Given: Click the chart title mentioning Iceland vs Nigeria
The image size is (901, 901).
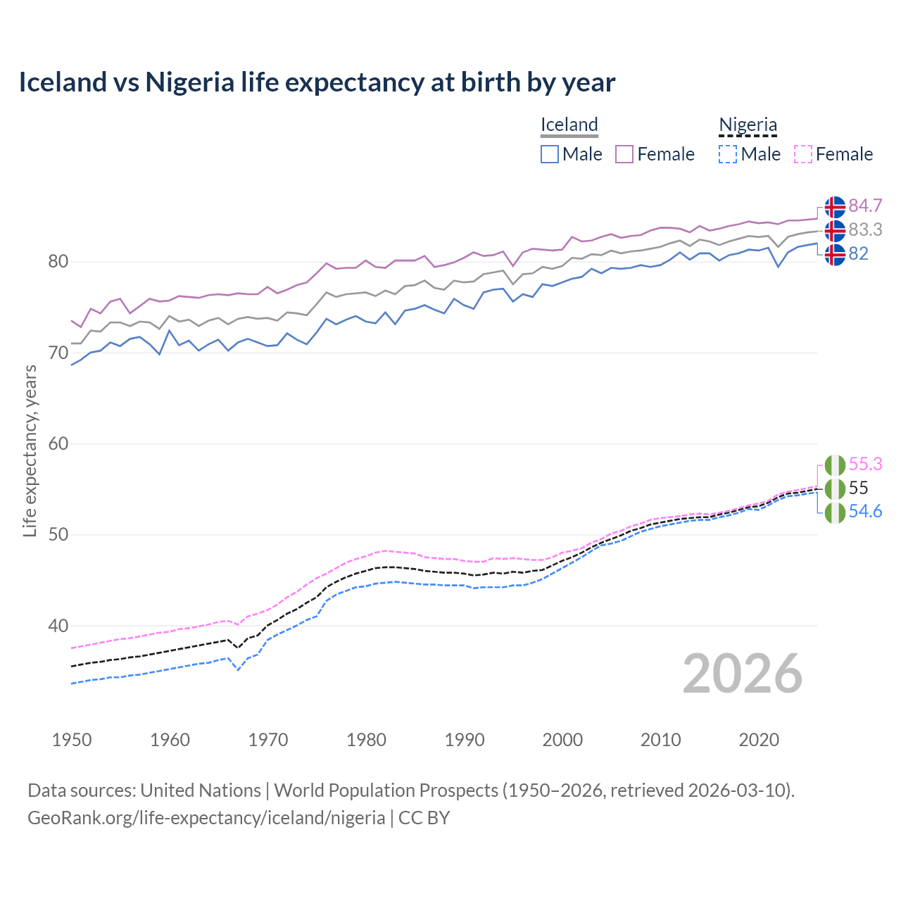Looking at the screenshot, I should pos(317,82).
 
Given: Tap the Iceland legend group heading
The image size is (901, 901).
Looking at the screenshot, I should pos(569,125).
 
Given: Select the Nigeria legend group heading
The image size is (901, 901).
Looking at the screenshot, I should pos(748,125).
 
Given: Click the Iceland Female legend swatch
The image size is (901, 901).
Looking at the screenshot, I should pos(624,154).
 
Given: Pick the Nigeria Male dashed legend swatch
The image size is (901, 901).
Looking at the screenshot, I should pos(728,154).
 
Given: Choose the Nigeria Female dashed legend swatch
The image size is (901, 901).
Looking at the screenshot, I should pos(803,154).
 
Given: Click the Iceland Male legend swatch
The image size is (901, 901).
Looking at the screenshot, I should pos(550,154).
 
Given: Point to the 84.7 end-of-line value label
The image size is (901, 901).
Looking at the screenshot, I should pos(865,206).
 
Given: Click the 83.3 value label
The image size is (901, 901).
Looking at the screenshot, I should pos(865,229).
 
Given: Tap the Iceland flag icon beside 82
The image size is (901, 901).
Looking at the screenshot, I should pos(835,254).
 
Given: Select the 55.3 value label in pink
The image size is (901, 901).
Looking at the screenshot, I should pos(865,464).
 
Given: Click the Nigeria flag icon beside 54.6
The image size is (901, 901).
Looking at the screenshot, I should pos(835,512).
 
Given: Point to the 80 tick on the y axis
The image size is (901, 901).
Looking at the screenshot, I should pos(58,262).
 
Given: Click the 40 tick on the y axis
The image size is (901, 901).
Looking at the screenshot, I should pos(58,626).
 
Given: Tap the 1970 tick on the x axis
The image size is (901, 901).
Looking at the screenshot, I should pos(268,740).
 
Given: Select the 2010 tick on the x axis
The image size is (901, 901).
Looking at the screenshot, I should pos(660,740).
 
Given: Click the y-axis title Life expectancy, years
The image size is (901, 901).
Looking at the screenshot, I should pos(30,450).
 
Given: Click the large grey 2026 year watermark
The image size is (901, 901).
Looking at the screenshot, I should pos(742,674).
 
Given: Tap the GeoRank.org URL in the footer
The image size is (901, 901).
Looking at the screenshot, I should pos(206,818).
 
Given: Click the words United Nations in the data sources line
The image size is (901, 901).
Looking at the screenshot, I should pos(201,790).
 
